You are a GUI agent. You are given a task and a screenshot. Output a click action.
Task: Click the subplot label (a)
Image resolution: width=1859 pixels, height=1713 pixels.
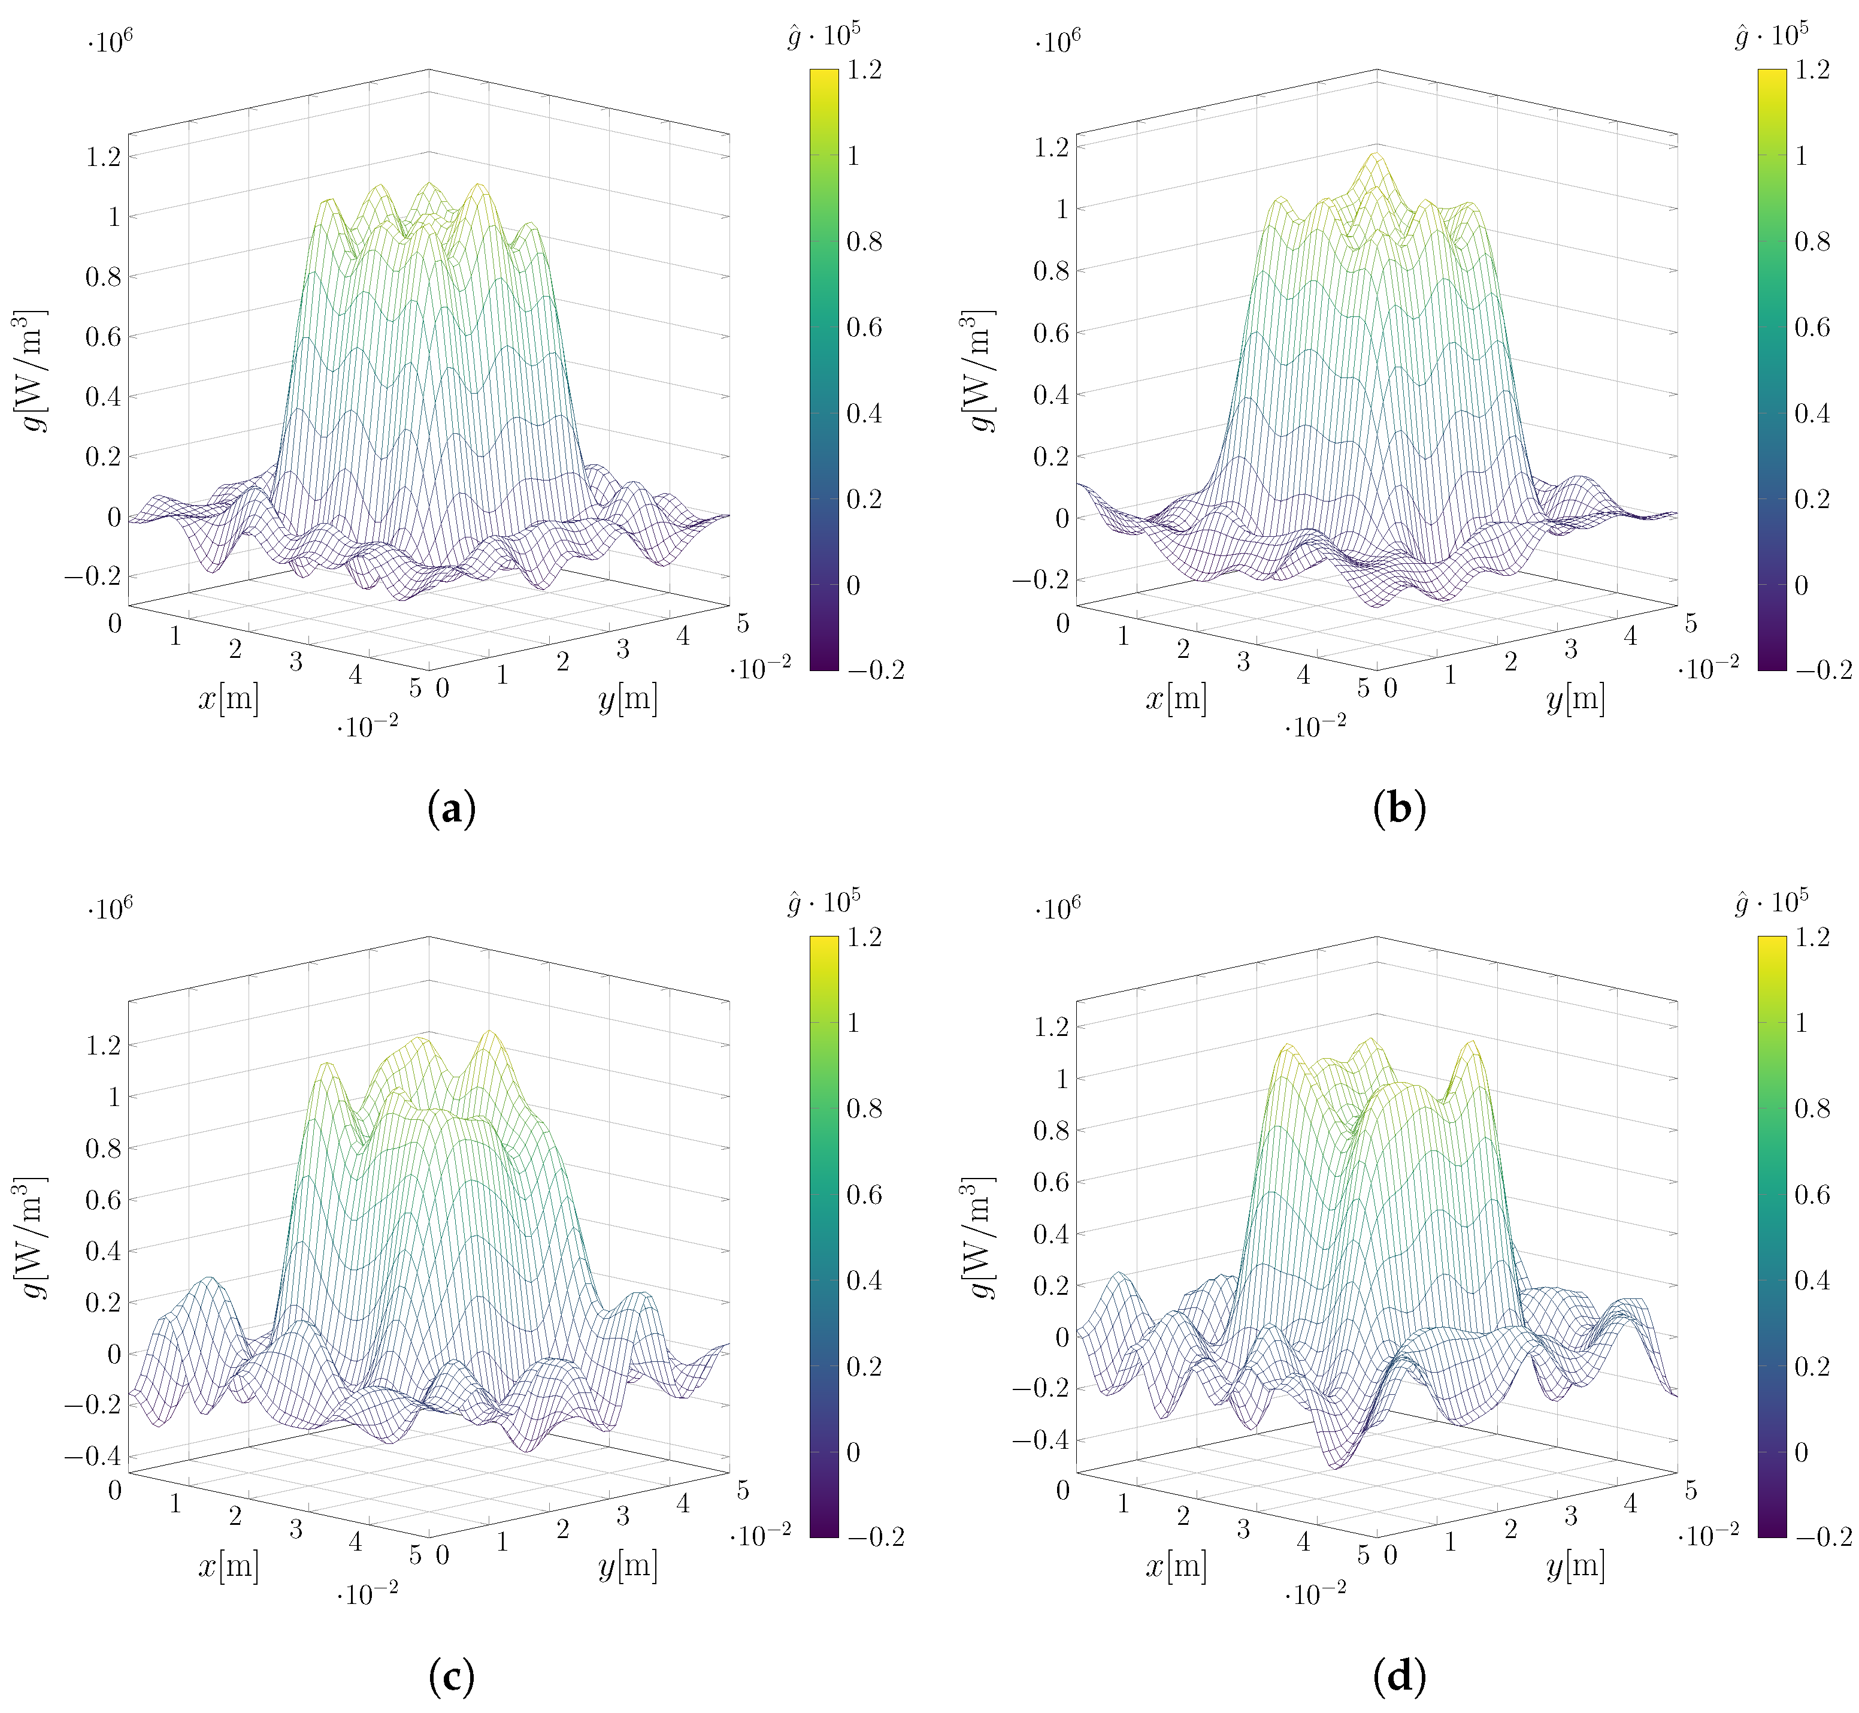(452, 809)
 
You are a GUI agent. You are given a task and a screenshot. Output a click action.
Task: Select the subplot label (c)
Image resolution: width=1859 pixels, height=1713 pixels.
(452, 1675)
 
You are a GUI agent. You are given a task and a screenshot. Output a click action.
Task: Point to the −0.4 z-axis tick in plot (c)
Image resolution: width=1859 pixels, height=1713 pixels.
(92, 1456)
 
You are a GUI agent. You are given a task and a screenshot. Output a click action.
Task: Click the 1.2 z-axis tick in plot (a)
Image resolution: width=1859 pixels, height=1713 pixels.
(103, 156)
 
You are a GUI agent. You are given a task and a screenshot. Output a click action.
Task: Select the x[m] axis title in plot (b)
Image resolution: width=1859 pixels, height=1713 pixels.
(1176, 698)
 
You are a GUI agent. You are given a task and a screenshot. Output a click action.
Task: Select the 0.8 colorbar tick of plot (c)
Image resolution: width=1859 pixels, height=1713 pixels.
(864, 1108)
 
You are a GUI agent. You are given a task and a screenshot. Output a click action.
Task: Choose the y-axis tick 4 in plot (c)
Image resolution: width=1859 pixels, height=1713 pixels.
(683, 1503)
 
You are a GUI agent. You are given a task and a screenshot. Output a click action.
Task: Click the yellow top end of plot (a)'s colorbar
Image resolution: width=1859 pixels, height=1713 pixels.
(824, 74)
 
